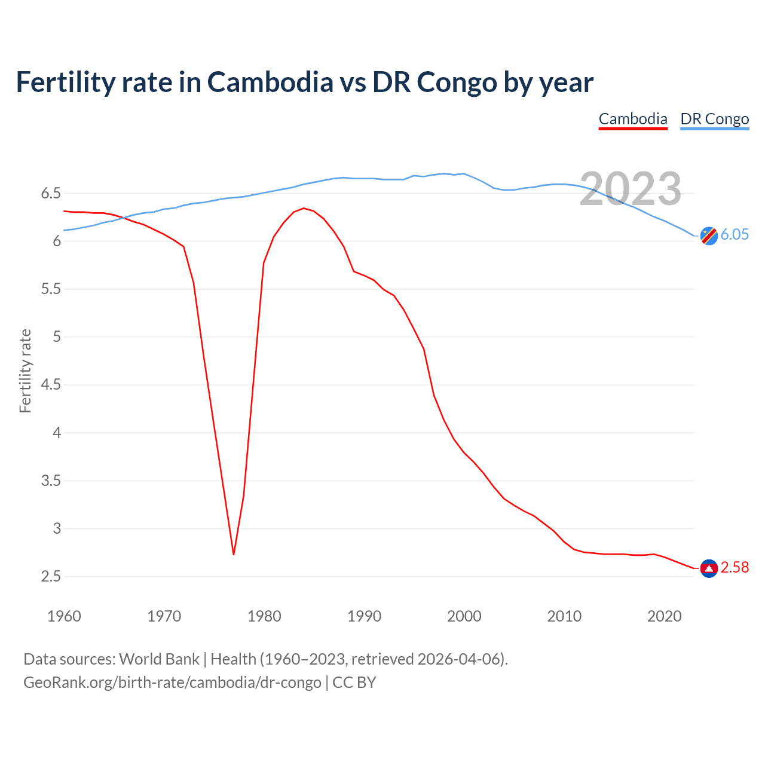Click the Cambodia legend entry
tap(633, 119)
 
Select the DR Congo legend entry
tap(714, 119)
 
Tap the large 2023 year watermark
tap(631, 189)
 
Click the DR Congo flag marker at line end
tap(709, 235)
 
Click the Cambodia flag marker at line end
tap(709, 568)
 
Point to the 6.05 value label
tap(735, 234)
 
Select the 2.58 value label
tap(735, 567)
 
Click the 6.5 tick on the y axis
tap(51, 193)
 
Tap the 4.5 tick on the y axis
tap(51, 385)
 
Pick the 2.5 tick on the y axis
tap(51, 577)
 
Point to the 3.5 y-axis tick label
tap(51, 481)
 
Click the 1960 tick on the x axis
tap(64, 616)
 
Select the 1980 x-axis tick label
tap(264, 616)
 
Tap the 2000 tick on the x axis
tap(464, 616)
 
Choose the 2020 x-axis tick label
tap(664, 616)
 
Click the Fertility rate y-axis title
tap(25, 371)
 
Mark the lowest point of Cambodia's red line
tap(234, 554)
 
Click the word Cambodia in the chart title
tap(270, 82)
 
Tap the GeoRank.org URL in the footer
tap(172, 683)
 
